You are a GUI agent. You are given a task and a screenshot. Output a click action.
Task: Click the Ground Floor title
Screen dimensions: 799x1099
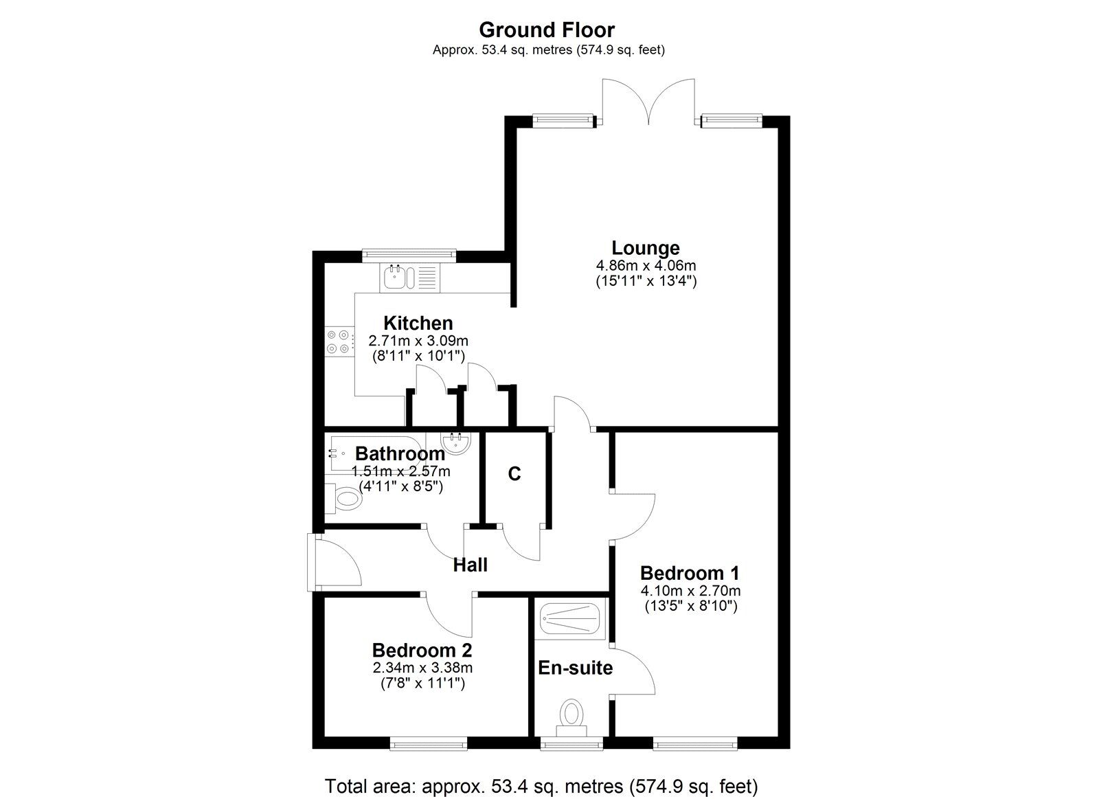pyautogui.click(x=546, y=30)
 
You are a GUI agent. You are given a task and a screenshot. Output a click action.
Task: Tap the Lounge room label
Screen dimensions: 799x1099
pyautogui.click(x=646, y=247)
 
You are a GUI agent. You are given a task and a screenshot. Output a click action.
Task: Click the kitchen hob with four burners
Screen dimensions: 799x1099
pyautogui.click(x=339, y=342)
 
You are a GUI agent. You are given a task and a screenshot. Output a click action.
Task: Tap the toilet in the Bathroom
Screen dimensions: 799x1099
pyautogui.click(x=343, y=499)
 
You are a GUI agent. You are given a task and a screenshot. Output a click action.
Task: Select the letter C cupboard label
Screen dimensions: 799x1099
pyautogui.click(x=514, y=473)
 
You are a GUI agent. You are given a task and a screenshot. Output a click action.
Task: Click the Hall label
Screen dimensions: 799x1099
pyautogui.click(x=471, y=565)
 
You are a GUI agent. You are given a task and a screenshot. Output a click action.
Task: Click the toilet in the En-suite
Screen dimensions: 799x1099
pyautogui.click(x=571, y=714)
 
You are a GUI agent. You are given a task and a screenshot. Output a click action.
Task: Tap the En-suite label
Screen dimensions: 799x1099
pyautogui.click(x=575, y=667)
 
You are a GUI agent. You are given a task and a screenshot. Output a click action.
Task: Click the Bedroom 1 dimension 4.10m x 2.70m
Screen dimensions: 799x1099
pyautogui.click(x=690, y=590)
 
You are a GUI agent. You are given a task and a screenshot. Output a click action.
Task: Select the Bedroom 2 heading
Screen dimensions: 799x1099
pyautogui.click(x=422, y=650)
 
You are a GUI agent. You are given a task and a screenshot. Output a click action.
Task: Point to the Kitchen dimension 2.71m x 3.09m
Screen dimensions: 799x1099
pyautogui.click(x=418, y=340)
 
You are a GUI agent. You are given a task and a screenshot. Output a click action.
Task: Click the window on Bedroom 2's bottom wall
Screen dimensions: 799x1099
pyautogui.click(x=429, y=743)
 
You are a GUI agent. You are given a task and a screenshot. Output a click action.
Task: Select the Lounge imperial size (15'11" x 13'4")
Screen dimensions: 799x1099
pyautogui.click(x=646, y=281)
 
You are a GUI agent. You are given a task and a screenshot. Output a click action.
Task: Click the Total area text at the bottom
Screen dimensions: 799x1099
pyautogui.click(x=541, y=785)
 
